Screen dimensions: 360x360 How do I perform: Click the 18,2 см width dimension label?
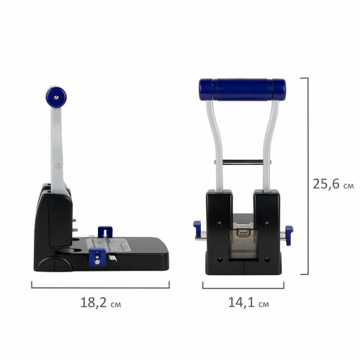pos(101,302)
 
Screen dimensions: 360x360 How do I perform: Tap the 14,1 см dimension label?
pos(248,302)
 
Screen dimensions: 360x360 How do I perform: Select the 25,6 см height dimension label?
pos(333,184)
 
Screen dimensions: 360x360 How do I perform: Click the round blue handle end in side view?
pos(56,97)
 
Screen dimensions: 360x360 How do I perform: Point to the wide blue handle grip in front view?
pos(243,89)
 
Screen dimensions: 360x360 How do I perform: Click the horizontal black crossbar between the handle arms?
pos(243,162)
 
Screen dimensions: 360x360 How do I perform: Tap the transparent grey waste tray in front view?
pos(243,243)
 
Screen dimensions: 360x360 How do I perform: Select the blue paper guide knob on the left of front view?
pos(197,228)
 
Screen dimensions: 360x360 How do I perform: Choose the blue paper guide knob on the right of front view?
pos(289,235)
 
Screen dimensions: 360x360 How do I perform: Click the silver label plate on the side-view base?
pos(109,245)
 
